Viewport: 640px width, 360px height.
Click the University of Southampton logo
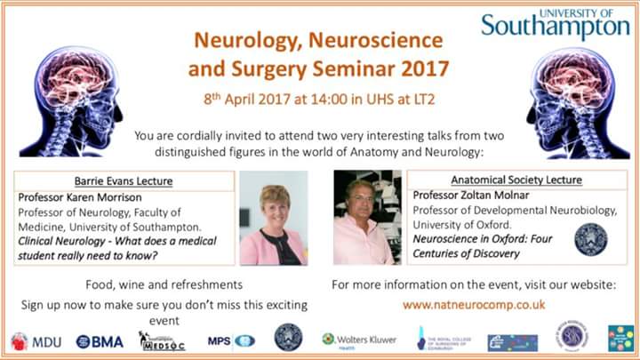pos(556,25)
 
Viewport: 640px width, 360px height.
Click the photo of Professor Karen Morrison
pos(273,218)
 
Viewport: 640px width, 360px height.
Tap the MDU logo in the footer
pos(36,341)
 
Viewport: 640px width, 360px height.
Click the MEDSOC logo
pos(162,340)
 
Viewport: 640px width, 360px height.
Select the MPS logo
pos(230,340)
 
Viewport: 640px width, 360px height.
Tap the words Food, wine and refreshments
pos(164,284)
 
